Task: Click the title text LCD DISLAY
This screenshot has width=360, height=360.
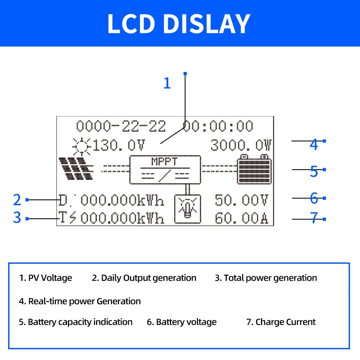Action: coord(179,23)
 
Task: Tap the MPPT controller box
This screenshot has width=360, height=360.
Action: coord(165,170)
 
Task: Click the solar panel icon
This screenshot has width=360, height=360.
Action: coord(76,169)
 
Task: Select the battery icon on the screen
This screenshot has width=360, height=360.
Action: coord(254,169)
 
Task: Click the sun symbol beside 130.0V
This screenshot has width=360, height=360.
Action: coord(81,145)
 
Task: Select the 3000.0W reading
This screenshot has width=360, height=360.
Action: coord(241,145)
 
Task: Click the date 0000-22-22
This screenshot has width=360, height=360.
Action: coord(121,126)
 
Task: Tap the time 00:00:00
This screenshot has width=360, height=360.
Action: coord(218,126)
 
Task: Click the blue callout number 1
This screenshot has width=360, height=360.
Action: coord(167,83)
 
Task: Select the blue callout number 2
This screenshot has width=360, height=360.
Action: coord(17,199)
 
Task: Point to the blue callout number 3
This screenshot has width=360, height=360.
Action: coord(17,218)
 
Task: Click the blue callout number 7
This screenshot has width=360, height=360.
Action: coord(314,219)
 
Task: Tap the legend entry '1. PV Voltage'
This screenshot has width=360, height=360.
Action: coord(45,278)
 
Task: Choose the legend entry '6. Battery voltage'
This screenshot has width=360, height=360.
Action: coord(182,322)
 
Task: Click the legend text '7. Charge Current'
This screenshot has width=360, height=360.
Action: coord(281,322)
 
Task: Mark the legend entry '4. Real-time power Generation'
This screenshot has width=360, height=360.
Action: coord(80,301)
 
